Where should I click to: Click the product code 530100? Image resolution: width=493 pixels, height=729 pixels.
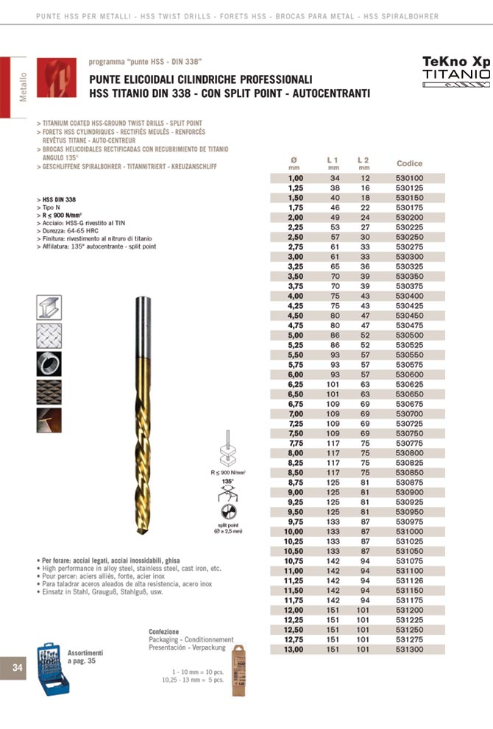[x=409, y=178]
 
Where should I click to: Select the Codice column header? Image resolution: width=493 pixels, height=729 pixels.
[x=409, y=163]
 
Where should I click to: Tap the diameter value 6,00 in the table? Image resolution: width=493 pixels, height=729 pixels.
[x=295, y=374]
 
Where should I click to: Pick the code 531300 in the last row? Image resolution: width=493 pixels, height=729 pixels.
[x=409, y=650]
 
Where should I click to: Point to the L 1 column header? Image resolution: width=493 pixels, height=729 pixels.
[x=333, y=160]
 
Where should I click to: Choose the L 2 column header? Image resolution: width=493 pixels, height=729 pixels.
[x=363, y=160]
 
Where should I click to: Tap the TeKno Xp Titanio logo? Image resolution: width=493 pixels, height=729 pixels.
[x=456, y=70]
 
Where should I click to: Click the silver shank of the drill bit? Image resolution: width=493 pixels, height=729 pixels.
[x=143, y=324]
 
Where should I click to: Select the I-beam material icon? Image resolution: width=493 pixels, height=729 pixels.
[x=49, y=306]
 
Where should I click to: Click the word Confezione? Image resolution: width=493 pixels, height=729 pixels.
[x=163, y=632]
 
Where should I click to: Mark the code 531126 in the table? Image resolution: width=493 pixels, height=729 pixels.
[x=409, y=580]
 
